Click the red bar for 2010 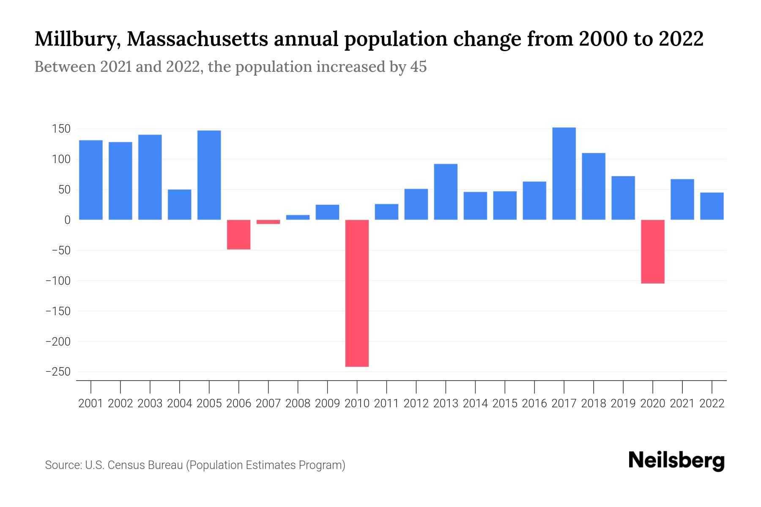point(357,293)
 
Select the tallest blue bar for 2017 point(564,174)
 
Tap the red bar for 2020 point(653,251)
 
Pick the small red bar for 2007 point(268,222)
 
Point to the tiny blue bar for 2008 point(298,217)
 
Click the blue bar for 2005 point(209,175)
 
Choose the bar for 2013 point(446,192)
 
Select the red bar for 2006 point(238,234)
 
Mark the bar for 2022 point(712,206)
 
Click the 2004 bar point(179,204)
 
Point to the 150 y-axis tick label point(61,129)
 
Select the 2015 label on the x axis point(505,403)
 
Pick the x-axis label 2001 point(90,403)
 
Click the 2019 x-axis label point(623,403)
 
